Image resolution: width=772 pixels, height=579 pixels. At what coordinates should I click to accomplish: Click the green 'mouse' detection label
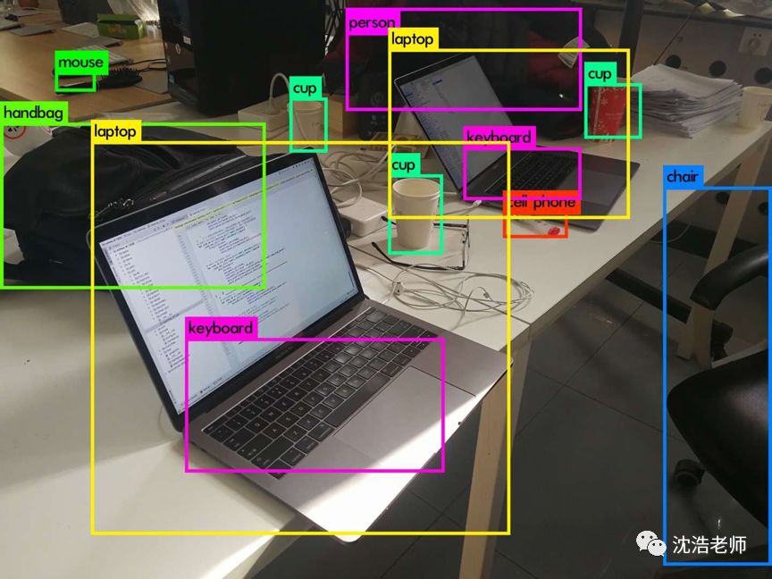tap(80, 63)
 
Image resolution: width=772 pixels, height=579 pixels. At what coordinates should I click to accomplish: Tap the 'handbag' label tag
tap(33, 113)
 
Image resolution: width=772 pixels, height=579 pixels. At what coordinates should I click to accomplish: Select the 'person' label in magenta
tap(372, 22)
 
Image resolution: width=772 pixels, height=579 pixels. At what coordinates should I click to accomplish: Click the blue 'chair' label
tap(682, 177)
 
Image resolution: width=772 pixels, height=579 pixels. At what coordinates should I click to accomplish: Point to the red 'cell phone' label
tap(542, 203)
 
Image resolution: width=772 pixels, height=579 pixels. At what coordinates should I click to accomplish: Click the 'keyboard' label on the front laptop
tap(221, 328)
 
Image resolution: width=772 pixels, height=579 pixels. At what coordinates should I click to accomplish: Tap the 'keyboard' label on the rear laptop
tap(499, 138)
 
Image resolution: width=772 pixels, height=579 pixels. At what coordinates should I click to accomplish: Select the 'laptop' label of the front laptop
tap(116, 132)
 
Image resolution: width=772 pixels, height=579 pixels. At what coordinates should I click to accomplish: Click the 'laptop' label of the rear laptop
tap(413, 39)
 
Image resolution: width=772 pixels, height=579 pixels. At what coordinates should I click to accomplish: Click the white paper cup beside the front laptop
tap(415, 213)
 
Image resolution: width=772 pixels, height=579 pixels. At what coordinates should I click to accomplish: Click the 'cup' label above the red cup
tap(600, 74)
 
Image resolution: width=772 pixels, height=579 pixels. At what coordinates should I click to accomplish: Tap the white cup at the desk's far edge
tap(754, 107)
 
